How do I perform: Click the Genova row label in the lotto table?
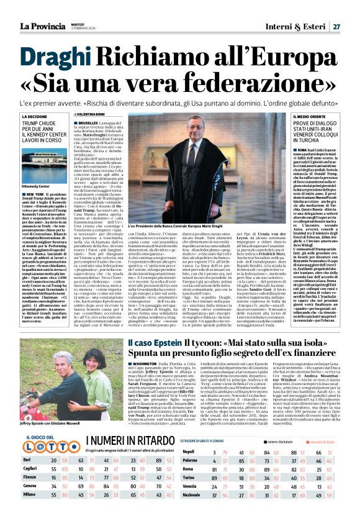click(30, 486)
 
